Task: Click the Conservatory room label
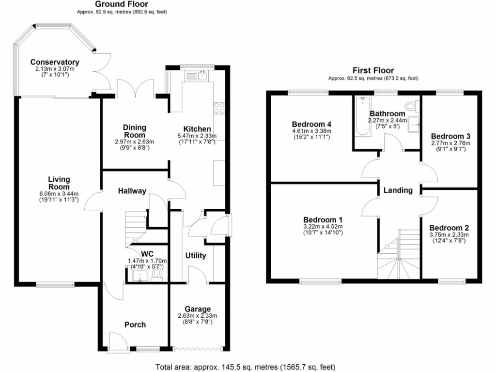pos(54,62)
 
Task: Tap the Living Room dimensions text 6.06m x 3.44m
pos(59,194)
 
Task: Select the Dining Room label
pos(134,131)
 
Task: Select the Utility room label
pos(196,255)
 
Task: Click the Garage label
pos(198,309)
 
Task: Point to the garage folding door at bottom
pos(199,348)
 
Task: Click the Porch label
pos(135,325)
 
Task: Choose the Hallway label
pos(132,191)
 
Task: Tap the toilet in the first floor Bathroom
pos(412,105)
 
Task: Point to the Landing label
pos(398,190)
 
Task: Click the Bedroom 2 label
pos(449,228)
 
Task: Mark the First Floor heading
pos(373,71)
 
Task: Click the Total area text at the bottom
pos(245,367)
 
